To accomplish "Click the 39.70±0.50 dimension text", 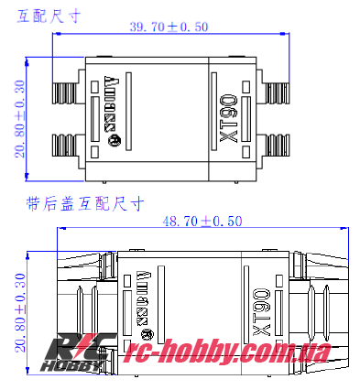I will coord(170,27).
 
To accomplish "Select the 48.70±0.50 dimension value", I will coord(202,222).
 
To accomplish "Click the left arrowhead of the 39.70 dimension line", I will coord(59,35).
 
